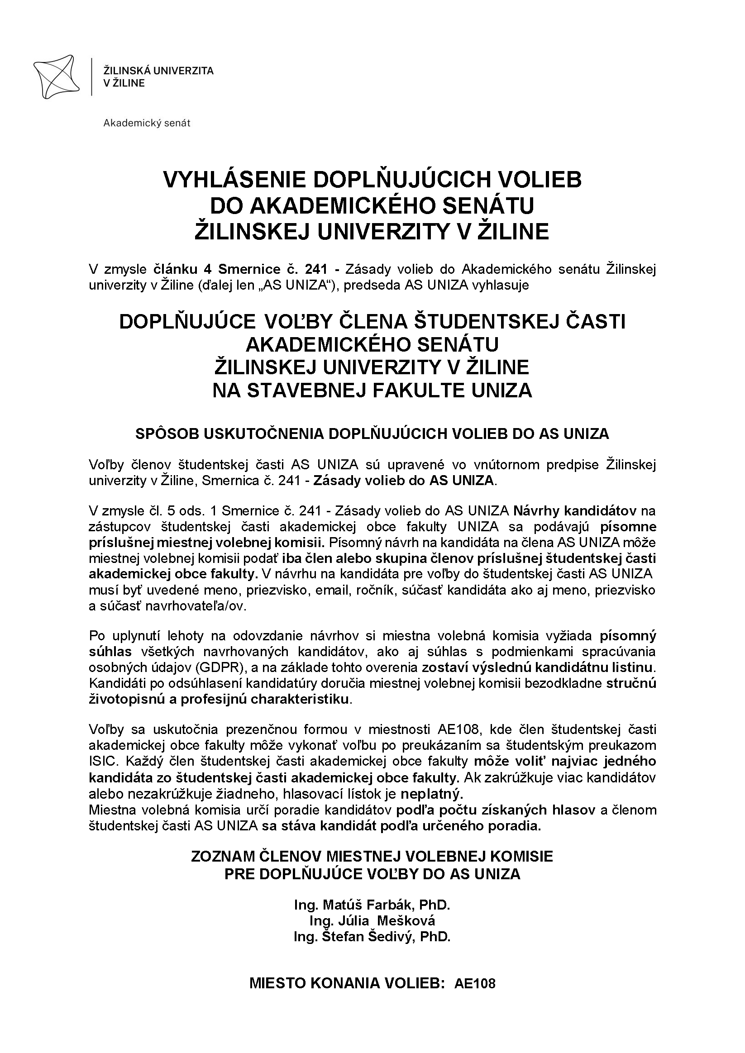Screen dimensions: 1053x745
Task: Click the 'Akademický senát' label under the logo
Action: [147, 123]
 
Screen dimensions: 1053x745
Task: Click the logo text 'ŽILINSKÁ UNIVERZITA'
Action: [158, 71]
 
